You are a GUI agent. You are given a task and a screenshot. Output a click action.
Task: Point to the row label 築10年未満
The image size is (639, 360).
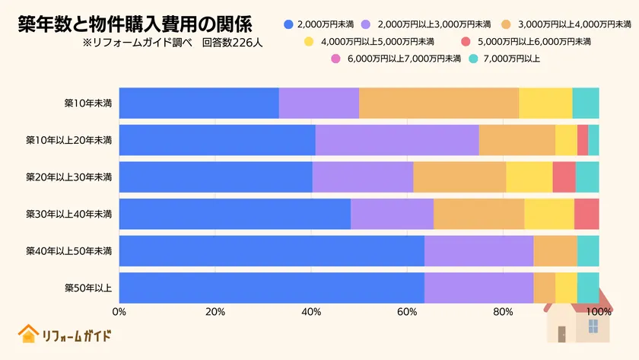[88, 103]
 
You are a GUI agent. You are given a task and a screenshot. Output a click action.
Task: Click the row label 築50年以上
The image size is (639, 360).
[88, 288]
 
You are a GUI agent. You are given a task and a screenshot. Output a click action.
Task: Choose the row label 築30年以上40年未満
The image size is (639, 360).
[69, 214]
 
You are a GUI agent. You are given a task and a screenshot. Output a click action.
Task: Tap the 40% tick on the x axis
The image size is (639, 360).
[311, 311]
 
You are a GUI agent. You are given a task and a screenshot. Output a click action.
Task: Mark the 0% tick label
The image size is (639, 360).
[119, 311]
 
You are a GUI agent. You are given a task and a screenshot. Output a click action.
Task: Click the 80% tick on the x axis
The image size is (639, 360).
[503, 311]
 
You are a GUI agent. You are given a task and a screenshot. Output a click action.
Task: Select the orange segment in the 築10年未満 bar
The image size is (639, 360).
[439, 103]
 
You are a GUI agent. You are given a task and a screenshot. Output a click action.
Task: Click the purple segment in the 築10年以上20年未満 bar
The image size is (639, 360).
[397, 140]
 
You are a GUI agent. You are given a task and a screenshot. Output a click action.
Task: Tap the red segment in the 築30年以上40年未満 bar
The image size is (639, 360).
[587, 214]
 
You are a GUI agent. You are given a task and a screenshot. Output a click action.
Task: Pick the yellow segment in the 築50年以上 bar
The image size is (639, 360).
[566, 288]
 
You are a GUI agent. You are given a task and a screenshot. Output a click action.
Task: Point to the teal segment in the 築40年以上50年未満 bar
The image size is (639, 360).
[588, 251]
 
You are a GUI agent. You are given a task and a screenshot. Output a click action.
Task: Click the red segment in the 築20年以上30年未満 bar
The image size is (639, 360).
[564, 177]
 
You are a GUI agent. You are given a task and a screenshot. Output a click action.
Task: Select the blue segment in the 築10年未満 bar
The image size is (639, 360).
[199, 103]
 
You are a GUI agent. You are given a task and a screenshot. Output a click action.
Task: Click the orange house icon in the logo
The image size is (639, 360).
[28, 334]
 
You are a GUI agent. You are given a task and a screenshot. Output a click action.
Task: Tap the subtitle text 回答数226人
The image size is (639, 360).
[232, 43]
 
